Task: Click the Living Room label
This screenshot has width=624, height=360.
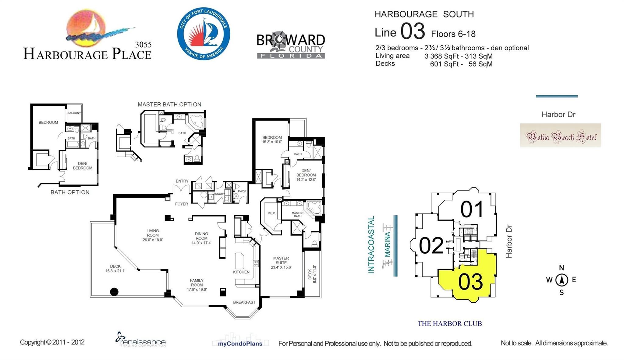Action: click(153, 233)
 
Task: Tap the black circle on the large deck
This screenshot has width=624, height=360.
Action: click(114, 292)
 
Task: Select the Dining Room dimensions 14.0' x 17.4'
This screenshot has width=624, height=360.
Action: click(201, 243)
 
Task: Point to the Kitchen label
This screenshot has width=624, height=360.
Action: click(241, 272)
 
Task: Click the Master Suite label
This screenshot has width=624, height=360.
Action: click(281, 260)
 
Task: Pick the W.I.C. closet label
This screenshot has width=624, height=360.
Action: click(272, 213)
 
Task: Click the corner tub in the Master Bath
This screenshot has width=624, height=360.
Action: click(314, 207)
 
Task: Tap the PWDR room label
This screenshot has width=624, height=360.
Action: click(242, 191)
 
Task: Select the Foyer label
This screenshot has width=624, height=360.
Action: click(182, 204)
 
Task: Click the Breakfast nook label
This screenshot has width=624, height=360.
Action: click(244, 302)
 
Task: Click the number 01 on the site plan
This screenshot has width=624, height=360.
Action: click(472, 209)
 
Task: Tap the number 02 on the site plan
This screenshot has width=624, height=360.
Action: click(431, 246)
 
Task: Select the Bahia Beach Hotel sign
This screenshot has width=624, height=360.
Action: click(560, 136)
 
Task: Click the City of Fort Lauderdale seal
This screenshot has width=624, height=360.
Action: click(204, 34)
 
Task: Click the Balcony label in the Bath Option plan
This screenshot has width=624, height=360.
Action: click(74, 113)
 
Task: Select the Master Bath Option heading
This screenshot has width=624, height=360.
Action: click(169, 104)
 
